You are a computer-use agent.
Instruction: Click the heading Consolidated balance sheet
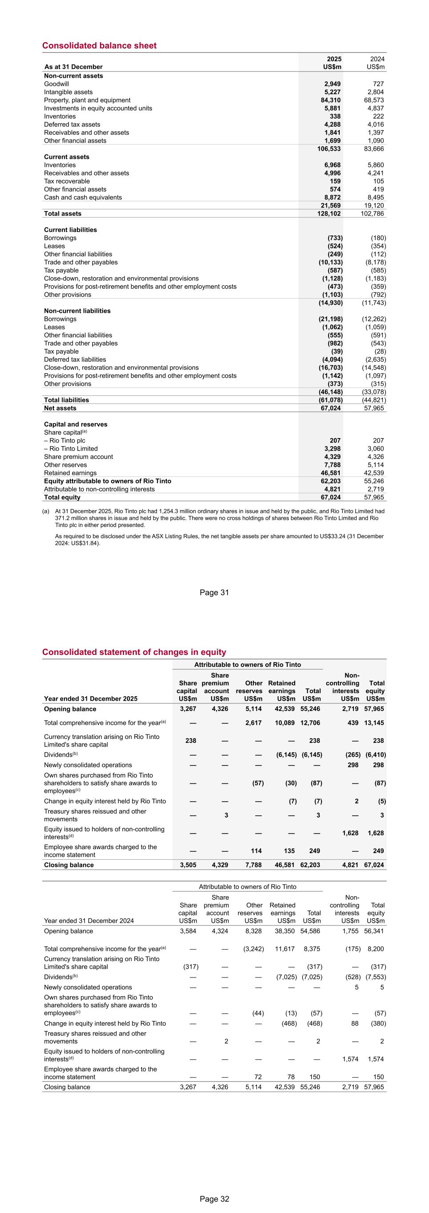pos(100,46)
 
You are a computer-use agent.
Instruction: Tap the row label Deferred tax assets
pos(72,124)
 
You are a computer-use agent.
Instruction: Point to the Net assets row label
pos(60,408)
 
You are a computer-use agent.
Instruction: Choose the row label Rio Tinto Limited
pos(71,449)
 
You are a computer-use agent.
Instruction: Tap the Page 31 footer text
pos(214,592)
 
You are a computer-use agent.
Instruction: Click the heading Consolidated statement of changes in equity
pos(134,652)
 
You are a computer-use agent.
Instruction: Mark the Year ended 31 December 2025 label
pos(91,698)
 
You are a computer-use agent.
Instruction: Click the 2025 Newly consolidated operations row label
pos(88,765)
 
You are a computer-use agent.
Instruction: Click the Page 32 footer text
pos(214,1199)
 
